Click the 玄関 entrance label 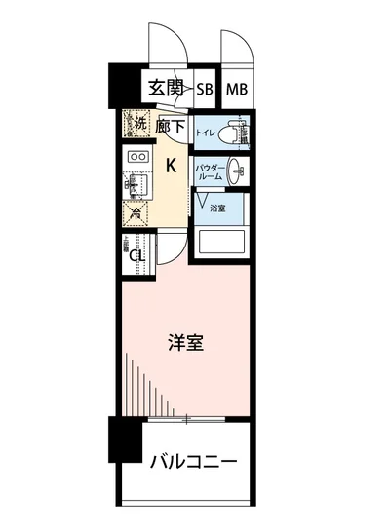pos(168,88)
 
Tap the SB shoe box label pos(206,89)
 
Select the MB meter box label pos(237,89)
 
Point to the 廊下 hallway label pos(170,127)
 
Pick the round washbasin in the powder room pos(237,171)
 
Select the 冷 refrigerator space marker pos(135,213)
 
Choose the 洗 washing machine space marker pos(138,125)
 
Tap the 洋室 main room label pos(185,343)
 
